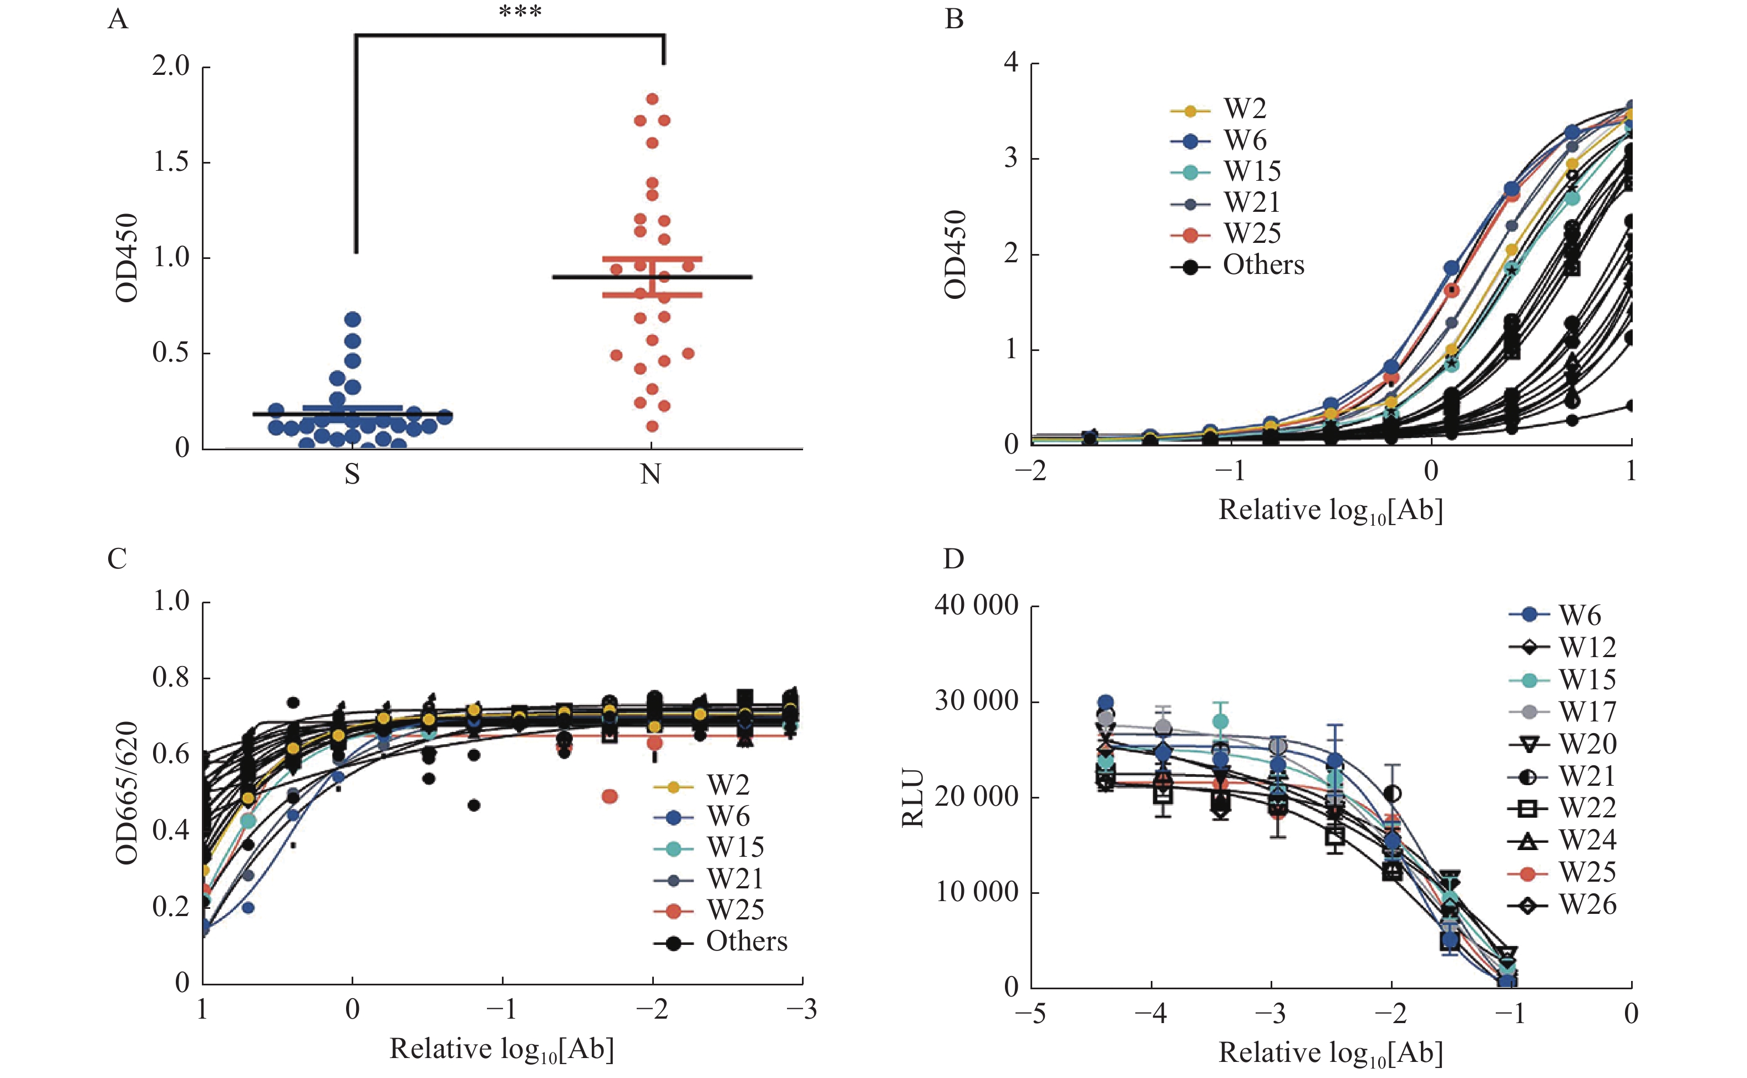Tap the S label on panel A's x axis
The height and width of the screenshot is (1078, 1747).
click(352, 475)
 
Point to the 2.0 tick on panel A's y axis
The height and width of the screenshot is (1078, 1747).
click(171, 67)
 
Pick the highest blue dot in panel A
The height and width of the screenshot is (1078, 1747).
click(352, 319)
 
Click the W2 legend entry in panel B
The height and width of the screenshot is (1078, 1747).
click(1245, 109)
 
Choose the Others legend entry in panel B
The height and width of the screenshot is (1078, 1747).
click(1263, 265)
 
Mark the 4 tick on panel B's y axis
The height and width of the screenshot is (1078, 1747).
click(1010, 63)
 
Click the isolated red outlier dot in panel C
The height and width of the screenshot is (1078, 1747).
click(610, 796)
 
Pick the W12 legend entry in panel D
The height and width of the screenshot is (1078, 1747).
click(1587, 647)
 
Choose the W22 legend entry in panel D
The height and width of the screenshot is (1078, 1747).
click(1587, 808)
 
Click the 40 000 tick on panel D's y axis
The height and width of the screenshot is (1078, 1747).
click(976, 606)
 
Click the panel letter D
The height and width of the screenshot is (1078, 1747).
click(953, 560)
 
